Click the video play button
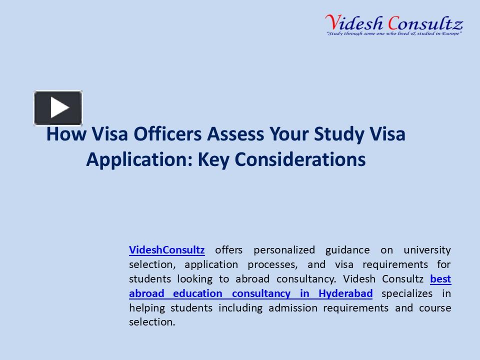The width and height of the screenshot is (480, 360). [x=58, y=108]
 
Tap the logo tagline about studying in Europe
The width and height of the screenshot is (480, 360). [x=393, y=33]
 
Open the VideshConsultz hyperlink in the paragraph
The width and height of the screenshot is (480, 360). [x=166, y=249]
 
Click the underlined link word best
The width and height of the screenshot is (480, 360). [x=440, y=278]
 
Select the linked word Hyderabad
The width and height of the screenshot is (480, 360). [x=345, y=293]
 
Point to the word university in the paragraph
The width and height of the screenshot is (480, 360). [x=427, y=249]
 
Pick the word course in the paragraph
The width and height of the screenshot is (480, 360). [x=435, y=307]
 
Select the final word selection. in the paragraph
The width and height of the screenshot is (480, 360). [x=152, y=322]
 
